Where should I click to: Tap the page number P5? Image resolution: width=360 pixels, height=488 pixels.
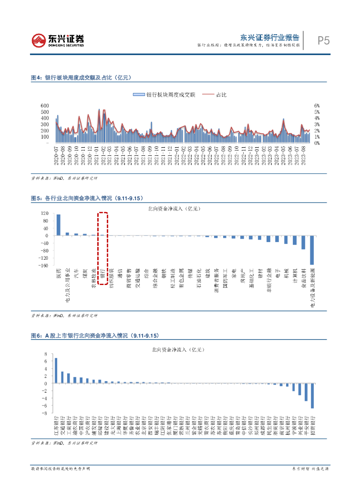click(324, 41)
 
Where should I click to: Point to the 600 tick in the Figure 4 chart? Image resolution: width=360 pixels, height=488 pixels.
click(45, 105)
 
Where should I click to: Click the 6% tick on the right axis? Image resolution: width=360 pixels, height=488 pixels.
click(316, 105)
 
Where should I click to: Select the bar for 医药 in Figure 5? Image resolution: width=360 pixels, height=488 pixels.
click(58, 225)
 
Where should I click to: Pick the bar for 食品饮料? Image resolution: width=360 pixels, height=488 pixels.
click(303, 242)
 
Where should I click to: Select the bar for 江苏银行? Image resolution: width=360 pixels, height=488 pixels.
click(56, 370)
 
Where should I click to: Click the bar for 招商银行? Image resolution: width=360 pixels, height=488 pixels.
click(312, 396)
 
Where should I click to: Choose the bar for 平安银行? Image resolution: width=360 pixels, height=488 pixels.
click(306, 392)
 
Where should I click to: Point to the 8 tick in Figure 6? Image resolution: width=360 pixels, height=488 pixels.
click(46, 354)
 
